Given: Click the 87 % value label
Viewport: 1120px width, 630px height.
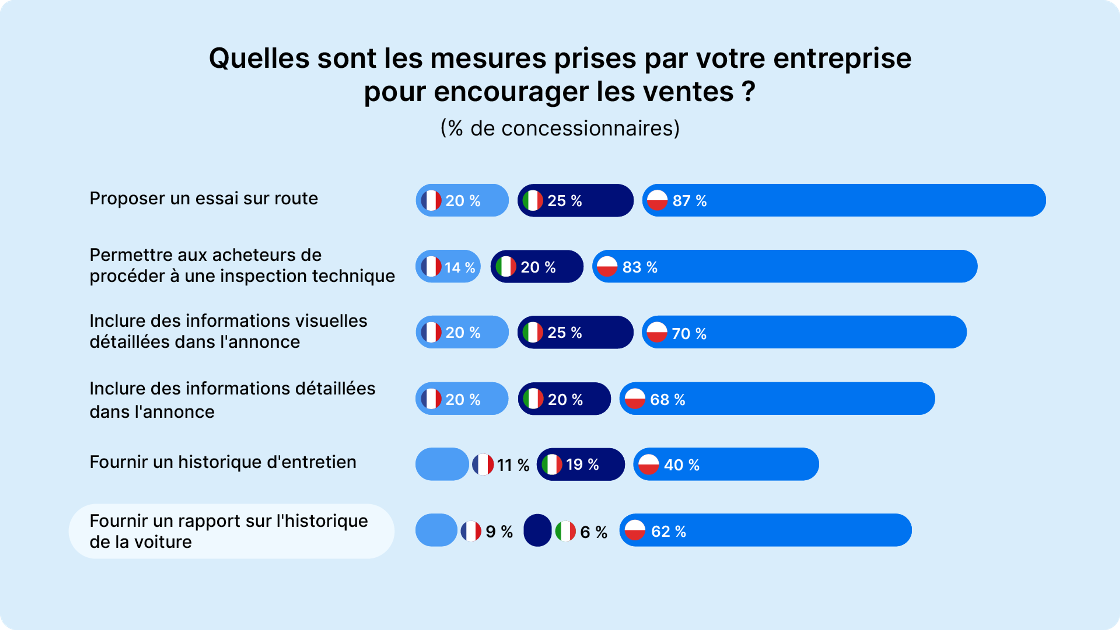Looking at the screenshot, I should click(689, 201).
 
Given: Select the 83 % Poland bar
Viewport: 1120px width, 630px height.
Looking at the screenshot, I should click(785, 267).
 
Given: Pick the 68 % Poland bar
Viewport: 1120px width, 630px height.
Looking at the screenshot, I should click(777, 399).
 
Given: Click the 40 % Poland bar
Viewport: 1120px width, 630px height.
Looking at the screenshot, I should click(726, 464).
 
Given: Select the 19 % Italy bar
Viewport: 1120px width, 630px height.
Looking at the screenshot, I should click(581, 464).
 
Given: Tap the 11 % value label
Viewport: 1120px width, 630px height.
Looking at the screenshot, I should click(513, 465).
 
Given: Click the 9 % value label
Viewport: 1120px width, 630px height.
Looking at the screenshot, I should click(499, 531).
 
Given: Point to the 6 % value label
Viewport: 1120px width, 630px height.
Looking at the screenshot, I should click(594, 532).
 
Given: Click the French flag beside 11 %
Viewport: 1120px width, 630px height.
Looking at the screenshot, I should click(483, 464).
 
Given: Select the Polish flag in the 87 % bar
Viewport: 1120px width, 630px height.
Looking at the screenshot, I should click(657, 200).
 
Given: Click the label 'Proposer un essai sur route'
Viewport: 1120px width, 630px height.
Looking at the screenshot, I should click(204, 198).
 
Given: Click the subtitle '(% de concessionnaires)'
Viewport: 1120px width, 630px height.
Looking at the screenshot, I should click(560, 128).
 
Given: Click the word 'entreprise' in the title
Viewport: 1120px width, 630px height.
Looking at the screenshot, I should click(842, 58).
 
